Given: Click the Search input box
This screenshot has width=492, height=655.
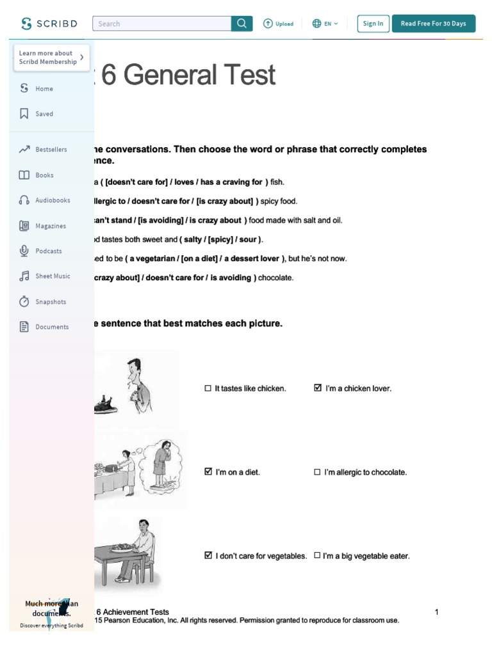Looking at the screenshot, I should (x=161, y=24).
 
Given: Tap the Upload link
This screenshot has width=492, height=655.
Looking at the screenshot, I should (x=278, y=24).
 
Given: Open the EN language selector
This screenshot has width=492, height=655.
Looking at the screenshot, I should (x=325, y=24).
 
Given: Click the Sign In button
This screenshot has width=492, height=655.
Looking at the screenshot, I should (x=373, y=24).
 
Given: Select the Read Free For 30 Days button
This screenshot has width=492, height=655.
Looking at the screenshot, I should (x=434, y=24).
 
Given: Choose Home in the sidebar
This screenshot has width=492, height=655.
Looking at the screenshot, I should (x=44, y=89).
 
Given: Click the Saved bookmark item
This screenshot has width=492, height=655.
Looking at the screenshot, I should (x=44, y=114).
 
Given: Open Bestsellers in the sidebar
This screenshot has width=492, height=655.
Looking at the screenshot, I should (x=51, y=150).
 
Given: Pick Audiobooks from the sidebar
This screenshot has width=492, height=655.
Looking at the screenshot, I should (x=53, y=200).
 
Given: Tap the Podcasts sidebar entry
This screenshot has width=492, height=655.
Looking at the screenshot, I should (x=49, y=251).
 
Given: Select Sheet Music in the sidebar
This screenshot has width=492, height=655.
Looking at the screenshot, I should (x=53, y=276).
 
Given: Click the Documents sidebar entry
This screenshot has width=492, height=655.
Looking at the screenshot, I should (x=52, y=327).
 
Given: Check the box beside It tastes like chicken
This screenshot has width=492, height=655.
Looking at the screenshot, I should (x=208, y=388).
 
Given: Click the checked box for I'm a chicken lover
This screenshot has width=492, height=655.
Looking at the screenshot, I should (x=318, y=388).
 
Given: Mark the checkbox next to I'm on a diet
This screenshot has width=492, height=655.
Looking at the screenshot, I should (x=208, y=471).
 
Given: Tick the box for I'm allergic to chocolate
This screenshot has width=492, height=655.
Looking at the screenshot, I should (x=317, y=472).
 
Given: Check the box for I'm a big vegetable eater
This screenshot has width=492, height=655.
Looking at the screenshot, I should (x=317, y=556).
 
